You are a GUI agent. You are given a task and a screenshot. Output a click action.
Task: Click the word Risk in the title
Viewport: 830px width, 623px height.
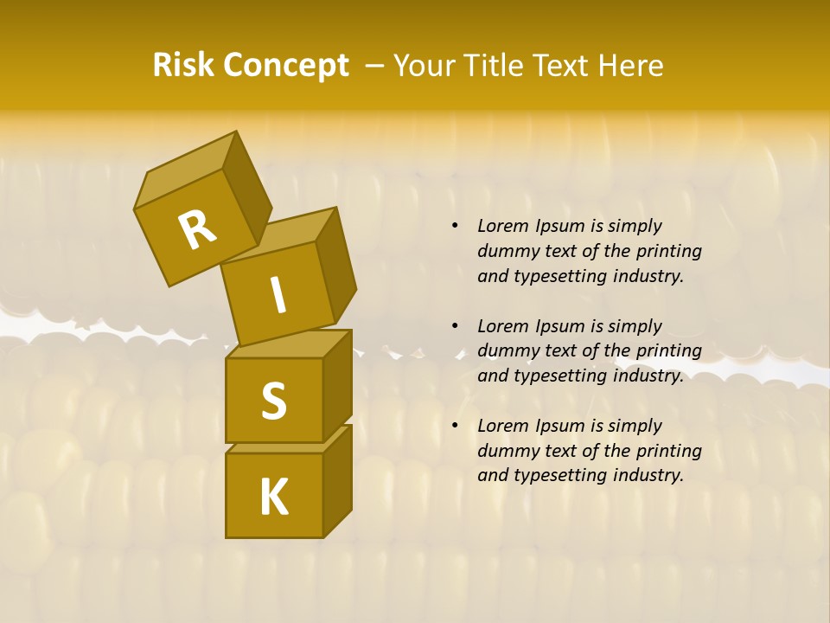click(x=185, y=66)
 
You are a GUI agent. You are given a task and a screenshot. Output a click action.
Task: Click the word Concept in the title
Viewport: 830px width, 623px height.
click(x=287, y=66)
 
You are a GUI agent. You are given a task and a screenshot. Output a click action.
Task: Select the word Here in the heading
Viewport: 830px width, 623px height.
click(x=634, y=66)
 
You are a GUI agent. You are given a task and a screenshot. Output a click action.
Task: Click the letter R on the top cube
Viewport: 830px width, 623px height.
click(x=197, y=229)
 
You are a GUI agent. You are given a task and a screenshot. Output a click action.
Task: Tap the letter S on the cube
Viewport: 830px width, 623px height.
click(x=274, y=401)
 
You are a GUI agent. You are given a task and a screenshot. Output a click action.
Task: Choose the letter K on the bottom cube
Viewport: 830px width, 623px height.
click(x=274, y=497)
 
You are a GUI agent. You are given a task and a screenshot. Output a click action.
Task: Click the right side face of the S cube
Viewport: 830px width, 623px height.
click(x=337, y=385)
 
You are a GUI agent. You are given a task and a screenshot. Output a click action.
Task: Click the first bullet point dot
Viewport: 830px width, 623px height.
click(x=455, y=226)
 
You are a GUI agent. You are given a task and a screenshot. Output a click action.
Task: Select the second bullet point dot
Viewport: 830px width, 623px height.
click(x=455, y=326)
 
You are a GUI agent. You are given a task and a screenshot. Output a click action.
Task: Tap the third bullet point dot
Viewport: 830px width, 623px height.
click(x=455, y=426)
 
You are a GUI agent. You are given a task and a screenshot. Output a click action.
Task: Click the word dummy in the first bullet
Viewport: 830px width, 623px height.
click(x=504, y=251)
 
